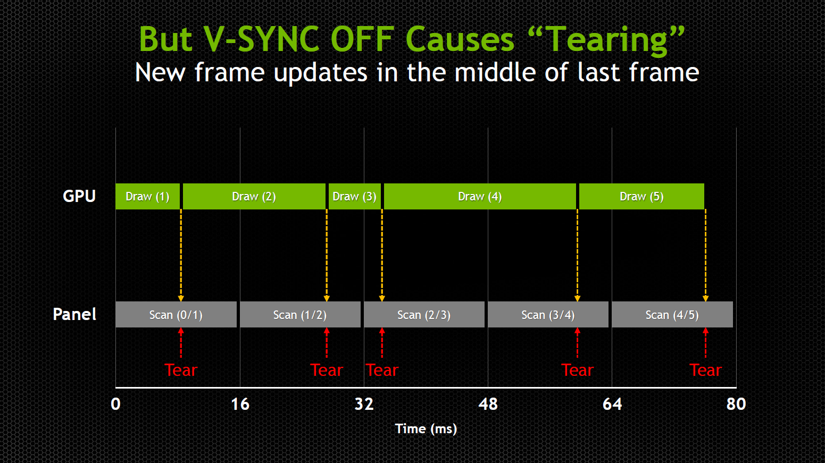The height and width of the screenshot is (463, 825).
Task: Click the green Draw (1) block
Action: [x=148, y=196]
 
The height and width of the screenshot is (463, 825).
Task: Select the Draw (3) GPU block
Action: [x=355, y=196]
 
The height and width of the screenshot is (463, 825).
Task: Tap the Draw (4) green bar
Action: [x=480, y=196]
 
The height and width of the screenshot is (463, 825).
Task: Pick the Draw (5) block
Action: [x=641, y=196]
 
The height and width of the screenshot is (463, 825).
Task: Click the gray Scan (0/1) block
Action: [x=176, y=314]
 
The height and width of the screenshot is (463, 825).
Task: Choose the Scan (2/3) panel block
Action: [x=424, y=314]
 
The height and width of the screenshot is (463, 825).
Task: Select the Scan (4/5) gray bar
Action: [x=672, y=314]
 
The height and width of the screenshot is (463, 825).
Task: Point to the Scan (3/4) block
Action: [x=548, y=314]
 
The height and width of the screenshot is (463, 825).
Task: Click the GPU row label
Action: [x=79, y=196]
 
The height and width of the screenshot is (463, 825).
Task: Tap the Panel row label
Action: [x=74, y=314]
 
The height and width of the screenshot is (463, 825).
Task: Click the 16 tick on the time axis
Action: [x=240, y=404]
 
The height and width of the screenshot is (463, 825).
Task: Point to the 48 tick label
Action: [x=488, y=404]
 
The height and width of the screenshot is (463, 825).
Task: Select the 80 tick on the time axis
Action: [x=736, y=404]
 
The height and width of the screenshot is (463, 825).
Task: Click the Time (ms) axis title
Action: [x=426, y=429]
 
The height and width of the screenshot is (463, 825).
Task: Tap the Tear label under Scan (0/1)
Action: [x=181, y=371]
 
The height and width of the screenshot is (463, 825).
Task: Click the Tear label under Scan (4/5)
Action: [x=706, y=371]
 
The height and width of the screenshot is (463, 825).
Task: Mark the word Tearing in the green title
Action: [x=607, y=40]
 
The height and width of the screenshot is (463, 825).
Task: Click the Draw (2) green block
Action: [x=254, y=196]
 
